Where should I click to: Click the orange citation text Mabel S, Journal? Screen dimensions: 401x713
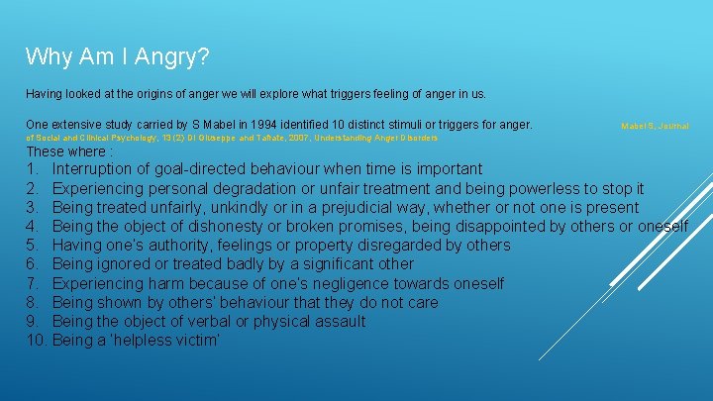(655, 127)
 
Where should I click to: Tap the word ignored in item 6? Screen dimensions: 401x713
(128, 264)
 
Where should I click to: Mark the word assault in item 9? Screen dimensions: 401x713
(340, 322)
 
